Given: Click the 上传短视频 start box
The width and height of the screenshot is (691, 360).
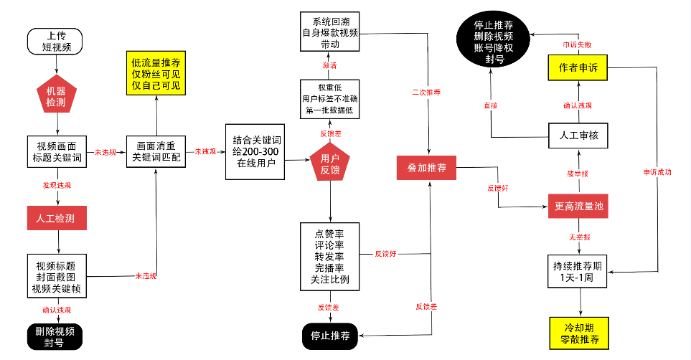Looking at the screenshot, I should (x=56, y=42).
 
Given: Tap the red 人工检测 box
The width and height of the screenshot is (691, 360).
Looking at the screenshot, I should (x=56, y=218).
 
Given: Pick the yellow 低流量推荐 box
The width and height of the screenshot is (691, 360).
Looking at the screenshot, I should (x=156, y=74).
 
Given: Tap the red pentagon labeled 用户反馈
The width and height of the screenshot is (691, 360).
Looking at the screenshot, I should (x=330, y=164).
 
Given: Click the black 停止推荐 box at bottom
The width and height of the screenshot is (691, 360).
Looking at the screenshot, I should (x=330, y=336).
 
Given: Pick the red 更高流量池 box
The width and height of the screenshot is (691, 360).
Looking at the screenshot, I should (x=579, y=207).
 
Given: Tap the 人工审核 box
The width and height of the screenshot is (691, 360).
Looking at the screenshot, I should (x=578, y=134).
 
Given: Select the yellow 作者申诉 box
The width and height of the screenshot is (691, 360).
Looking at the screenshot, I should (x=578, y=68).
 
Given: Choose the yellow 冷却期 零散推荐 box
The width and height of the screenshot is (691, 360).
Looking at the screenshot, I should (x=578, y=332).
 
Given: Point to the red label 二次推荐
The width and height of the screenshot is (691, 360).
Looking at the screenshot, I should (x=426, y=93).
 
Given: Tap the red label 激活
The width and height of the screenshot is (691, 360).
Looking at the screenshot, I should (x=329, y=65).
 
